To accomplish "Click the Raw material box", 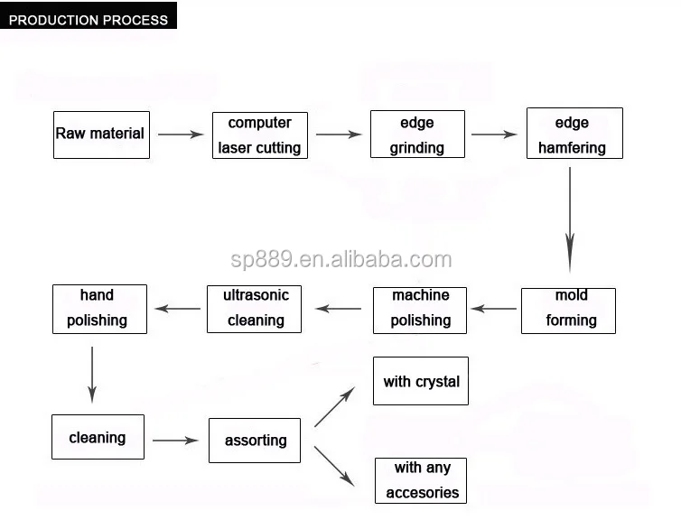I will point(100,134).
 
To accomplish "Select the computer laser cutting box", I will point(259,135).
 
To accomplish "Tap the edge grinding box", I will point(417,135).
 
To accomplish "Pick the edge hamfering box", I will point(574,135).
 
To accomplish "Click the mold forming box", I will point(568,310).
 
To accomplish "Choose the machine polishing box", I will point(420,309).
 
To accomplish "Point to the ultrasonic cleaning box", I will point(256,309).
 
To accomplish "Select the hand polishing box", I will point(98,309).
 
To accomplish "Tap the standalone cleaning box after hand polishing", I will point(98,439).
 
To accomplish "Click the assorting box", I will point(255,441).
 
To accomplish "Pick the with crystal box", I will point(421,381).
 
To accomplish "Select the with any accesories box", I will point(422,480).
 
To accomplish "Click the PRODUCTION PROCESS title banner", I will point(88,19).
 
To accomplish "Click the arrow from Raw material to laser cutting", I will point(181,135).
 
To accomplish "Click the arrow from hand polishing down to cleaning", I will point(92,374).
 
